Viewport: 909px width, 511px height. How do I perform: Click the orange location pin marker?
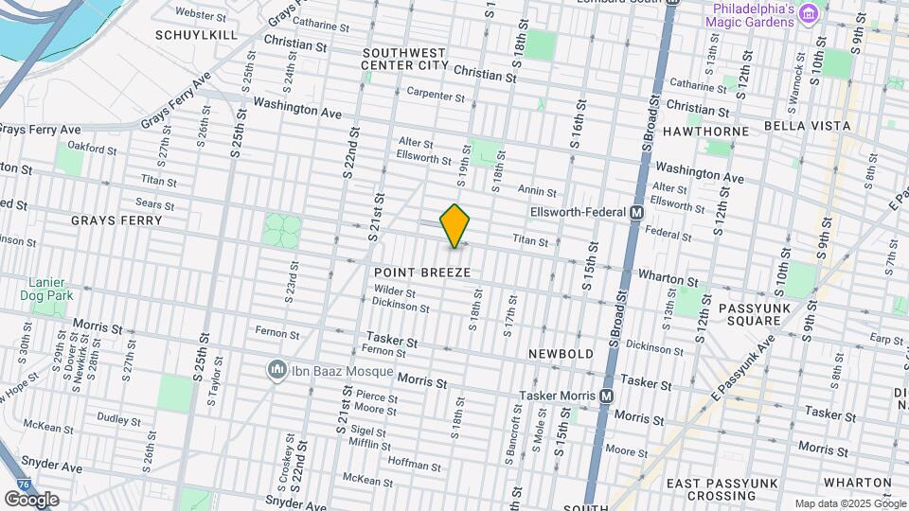point(455,225)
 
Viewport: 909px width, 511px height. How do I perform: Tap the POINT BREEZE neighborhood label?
point(422,273)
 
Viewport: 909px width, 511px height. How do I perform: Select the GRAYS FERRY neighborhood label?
point(116,220)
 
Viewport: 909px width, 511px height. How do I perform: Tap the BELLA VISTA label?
point(807,126)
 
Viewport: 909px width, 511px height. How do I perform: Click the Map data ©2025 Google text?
point(848,503)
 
